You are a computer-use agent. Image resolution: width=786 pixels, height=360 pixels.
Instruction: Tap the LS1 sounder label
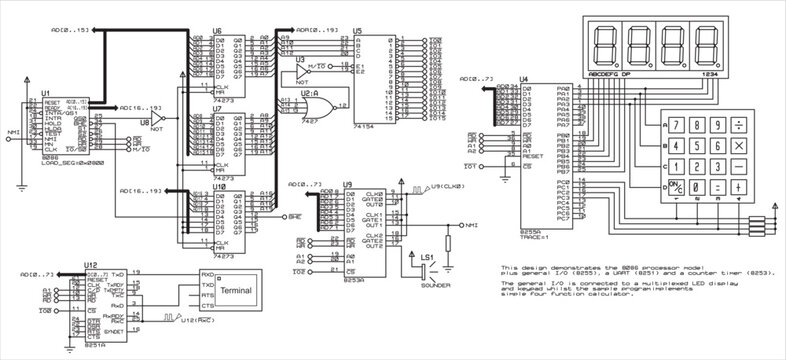(x=426, y=258)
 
